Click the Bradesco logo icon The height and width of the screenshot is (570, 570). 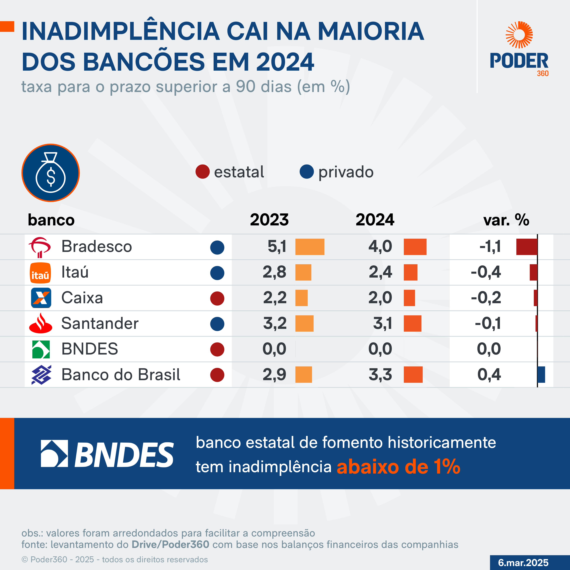click(x=40, y=247)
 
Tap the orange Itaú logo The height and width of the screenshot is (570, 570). click(x=40, y=273)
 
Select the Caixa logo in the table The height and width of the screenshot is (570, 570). click(x=41, y=298)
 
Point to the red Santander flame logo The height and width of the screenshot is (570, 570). click(x=41, y=323)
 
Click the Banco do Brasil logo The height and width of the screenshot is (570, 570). click(x=41, y=375)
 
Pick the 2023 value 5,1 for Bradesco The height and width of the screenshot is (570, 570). click(x=277, y=247)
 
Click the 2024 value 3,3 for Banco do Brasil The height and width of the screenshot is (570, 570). click(x=380, y=375)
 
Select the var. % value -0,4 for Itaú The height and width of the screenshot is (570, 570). click(x=486, y=272)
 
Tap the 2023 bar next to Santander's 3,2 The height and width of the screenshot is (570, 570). click(x=304, y=323)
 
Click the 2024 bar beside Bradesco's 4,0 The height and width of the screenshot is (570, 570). click(x=415, y=247)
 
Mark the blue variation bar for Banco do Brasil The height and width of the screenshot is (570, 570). click(x=541, y=375)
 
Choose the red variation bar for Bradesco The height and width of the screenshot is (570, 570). click(x=527, y=247)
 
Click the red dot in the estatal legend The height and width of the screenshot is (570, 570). click(x=202, y=172)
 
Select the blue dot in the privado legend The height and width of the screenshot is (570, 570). click(x=306, y=172)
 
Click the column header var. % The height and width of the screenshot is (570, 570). click(x=506, y=220)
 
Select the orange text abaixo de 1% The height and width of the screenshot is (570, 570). click(x=398, y=467)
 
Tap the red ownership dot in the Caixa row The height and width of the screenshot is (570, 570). click(x=217, y=298)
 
